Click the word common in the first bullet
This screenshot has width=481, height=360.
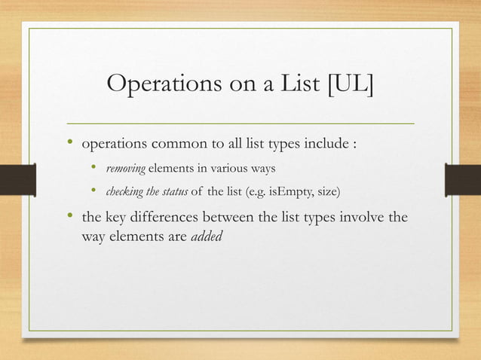pos(176,144)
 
